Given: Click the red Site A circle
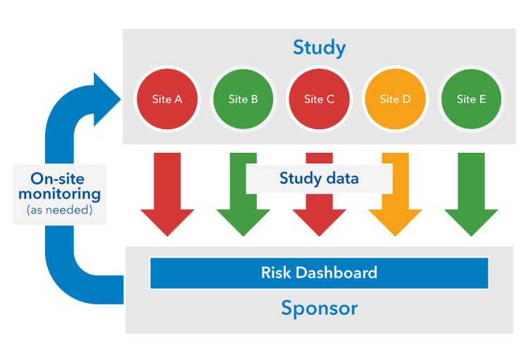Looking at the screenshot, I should (167, 99).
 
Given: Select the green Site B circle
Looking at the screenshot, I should (243, 99).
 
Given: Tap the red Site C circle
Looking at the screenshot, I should (319, 99).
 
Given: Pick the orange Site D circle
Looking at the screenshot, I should (395, 99).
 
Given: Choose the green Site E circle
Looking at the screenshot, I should (471, 99).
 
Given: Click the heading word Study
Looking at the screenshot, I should (319, 48).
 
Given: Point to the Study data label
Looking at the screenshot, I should (319, 178).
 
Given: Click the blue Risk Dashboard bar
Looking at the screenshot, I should (319, 273).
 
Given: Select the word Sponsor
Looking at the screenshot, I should (319, 308).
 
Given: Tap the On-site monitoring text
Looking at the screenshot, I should (60, 186).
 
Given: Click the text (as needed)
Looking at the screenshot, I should (60, 210).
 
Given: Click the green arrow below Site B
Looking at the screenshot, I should (236, 211).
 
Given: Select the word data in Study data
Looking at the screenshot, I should (342, 178).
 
